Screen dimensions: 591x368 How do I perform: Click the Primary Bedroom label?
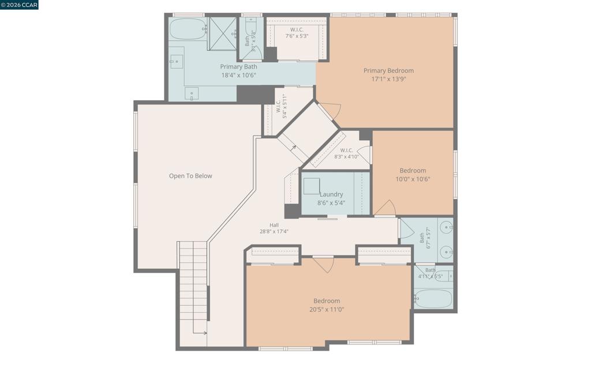click(388, 70)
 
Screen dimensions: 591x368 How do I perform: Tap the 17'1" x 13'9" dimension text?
click(388, 79)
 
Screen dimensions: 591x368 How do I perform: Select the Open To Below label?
click(190, 176)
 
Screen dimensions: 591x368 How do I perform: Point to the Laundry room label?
click(331, 194)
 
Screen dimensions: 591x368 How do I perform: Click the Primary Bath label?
click(238, 67)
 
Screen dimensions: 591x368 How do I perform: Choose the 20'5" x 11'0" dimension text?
click(327, 310)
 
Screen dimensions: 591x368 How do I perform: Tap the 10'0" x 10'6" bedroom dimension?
click(413, 179)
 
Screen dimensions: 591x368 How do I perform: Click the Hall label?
click(274, 225)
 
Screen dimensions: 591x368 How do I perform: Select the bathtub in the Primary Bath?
click(187, 29)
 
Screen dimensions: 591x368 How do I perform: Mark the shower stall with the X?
click(222, 33)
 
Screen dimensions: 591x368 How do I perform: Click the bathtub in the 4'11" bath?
click(433, 299)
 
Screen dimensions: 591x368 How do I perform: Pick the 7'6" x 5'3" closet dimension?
click(297, 36)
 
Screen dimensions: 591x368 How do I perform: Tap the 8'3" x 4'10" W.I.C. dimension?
click(346, 157)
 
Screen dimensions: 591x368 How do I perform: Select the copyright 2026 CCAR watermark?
click(19, 5)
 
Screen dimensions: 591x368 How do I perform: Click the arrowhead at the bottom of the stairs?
click(205, 333)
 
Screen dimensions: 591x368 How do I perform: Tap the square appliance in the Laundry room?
click(312, 186)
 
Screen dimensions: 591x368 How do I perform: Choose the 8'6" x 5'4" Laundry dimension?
click(331, 203)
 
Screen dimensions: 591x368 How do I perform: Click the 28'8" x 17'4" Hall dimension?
click(274, 232)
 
